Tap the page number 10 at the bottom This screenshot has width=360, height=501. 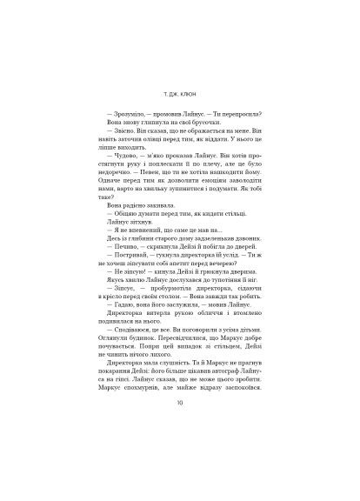pos(179,426)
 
